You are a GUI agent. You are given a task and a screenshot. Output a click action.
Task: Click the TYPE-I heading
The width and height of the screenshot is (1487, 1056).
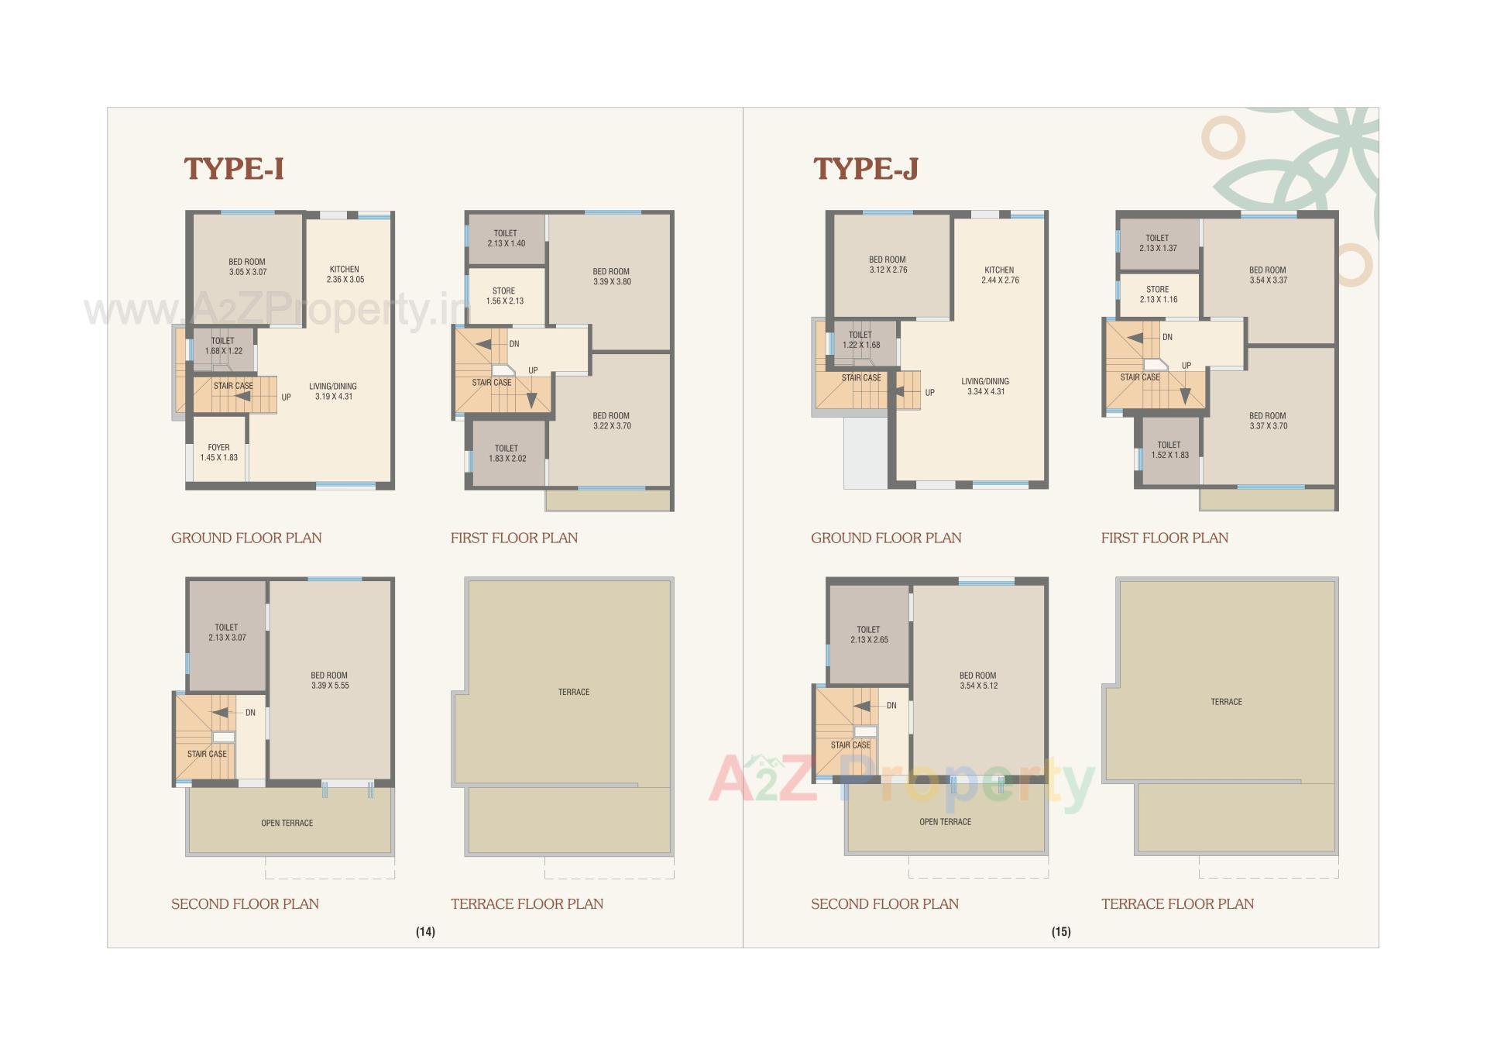click(x=234, y=168)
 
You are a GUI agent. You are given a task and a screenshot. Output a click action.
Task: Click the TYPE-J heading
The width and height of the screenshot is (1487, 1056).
click(x=865, y=168)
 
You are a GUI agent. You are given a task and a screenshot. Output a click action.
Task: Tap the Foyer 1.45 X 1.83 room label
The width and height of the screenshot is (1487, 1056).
click(x=218, y=452)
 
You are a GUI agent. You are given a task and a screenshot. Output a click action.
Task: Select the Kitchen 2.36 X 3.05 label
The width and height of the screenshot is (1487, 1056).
click(x=345, y=274)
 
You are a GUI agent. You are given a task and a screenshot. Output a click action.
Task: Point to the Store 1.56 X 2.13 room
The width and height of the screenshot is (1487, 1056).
click(x=504, y=296)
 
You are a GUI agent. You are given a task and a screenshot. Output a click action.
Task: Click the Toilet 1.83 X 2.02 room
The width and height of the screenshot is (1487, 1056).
click(x=507, y=453)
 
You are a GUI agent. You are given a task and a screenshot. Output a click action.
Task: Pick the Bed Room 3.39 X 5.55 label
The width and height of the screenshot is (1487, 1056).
click(x=330, y=680)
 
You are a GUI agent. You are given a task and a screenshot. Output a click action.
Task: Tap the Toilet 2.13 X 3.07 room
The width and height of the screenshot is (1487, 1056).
click(x=227, y=632)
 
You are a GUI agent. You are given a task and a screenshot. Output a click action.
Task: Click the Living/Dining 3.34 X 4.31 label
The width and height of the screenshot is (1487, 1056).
click(x=985, y=387)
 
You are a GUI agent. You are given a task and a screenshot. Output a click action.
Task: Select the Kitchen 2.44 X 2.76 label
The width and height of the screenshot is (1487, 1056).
click(x=999, y=275)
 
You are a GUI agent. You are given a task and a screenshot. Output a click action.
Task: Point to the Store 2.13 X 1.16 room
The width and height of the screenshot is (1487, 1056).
click(x=1158, y=294)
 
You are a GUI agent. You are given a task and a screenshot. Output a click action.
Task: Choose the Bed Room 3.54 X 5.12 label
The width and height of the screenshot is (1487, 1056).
click(x=978, y=680)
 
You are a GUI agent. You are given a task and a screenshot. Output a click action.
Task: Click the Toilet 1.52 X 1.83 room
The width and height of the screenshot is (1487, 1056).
click(x=1169, y=450)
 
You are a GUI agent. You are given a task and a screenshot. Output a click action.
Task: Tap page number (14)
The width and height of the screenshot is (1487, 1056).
click(x=425, y=932)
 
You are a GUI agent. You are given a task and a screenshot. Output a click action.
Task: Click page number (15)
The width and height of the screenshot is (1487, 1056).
click(x=1061, y=932)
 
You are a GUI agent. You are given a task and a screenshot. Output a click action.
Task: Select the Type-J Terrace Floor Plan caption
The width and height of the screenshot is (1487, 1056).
click(x=1177, y=903)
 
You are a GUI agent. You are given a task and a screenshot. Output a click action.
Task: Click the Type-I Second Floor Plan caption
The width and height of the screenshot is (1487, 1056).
click(x=245, y=903)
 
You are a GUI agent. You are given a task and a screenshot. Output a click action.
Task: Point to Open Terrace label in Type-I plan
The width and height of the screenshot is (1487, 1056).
click(x=287, y=823)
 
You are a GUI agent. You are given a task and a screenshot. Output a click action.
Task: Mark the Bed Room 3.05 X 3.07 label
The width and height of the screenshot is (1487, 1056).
click(x=247, y=267)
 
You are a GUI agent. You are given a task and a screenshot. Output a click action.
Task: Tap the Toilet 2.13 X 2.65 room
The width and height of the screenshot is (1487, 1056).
click(x=869, y=635)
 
